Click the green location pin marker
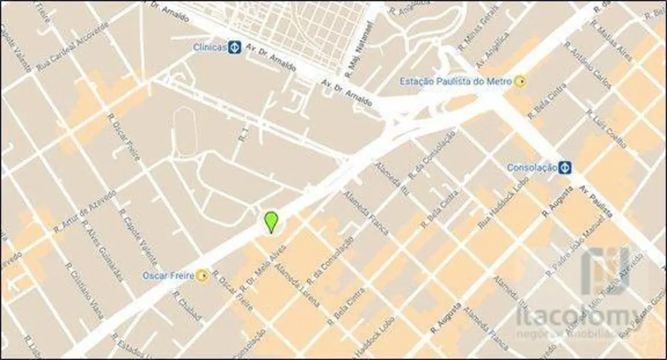(270, 222)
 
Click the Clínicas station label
(210, 48)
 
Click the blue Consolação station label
(532, 167)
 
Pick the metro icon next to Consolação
(565, 166)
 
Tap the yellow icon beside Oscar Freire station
(203, 275)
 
